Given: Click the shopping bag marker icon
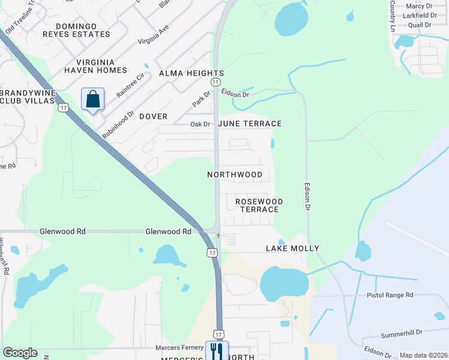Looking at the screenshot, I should click(x=93, y=100).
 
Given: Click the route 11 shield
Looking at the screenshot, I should click(x=215, y=81).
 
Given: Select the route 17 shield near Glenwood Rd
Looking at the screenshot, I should click(x=212, y=253).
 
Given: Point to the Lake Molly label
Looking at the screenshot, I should click(x=292, y=248).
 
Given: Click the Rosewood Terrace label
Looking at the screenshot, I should click(x=259, y=205).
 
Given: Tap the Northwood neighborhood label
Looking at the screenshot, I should click(x=235, y=175).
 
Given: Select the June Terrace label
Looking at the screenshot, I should click(x=250, y=124).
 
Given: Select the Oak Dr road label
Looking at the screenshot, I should click(x=200, y=124).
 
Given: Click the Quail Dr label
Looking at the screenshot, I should click(x=420, y=25).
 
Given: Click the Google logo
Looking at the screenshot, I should click(x=20, y=353).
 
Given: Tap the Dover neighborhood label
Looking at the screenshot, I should click(x=153, y=116).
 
